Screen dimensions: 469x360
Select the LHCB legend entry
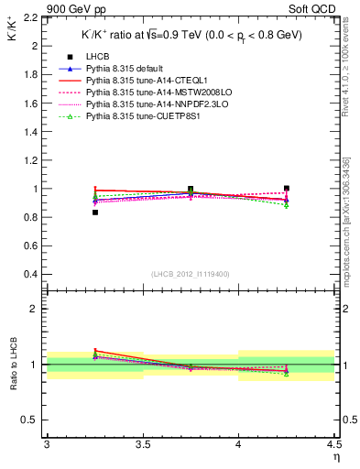(x=98, y=82)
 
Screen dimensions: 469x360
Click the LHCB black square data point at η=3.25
(x=94, y=213)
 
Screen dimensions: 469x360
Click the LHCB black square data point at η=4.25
(x=287, y=188)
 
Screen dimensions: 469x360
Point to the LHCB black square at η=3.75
(x=191, y=189)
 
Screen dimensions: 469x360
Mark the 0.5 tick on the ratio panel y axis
(x=34, y=420)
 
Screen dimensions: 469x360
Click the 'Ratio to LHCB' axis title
(x=12, y=364)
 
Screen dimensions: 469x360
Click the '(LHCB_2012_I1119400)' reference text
(x=191, y=275)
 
